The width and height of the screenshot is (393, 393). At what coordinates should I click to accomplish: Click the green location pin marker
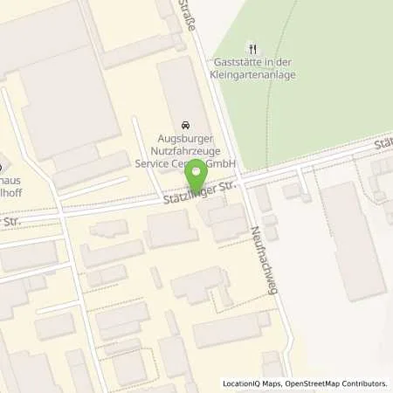(x=198, y=175)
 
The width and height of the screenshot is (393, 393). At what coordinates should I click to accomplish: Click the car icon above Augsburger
(x=184, y=126)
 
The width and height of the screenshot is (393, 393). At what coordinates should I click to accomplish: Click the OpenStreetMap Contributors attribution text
(x=340, y=383)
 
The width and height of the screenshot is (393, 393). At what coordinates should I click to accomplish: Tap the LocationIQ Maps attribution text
(x=253, y=383)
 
